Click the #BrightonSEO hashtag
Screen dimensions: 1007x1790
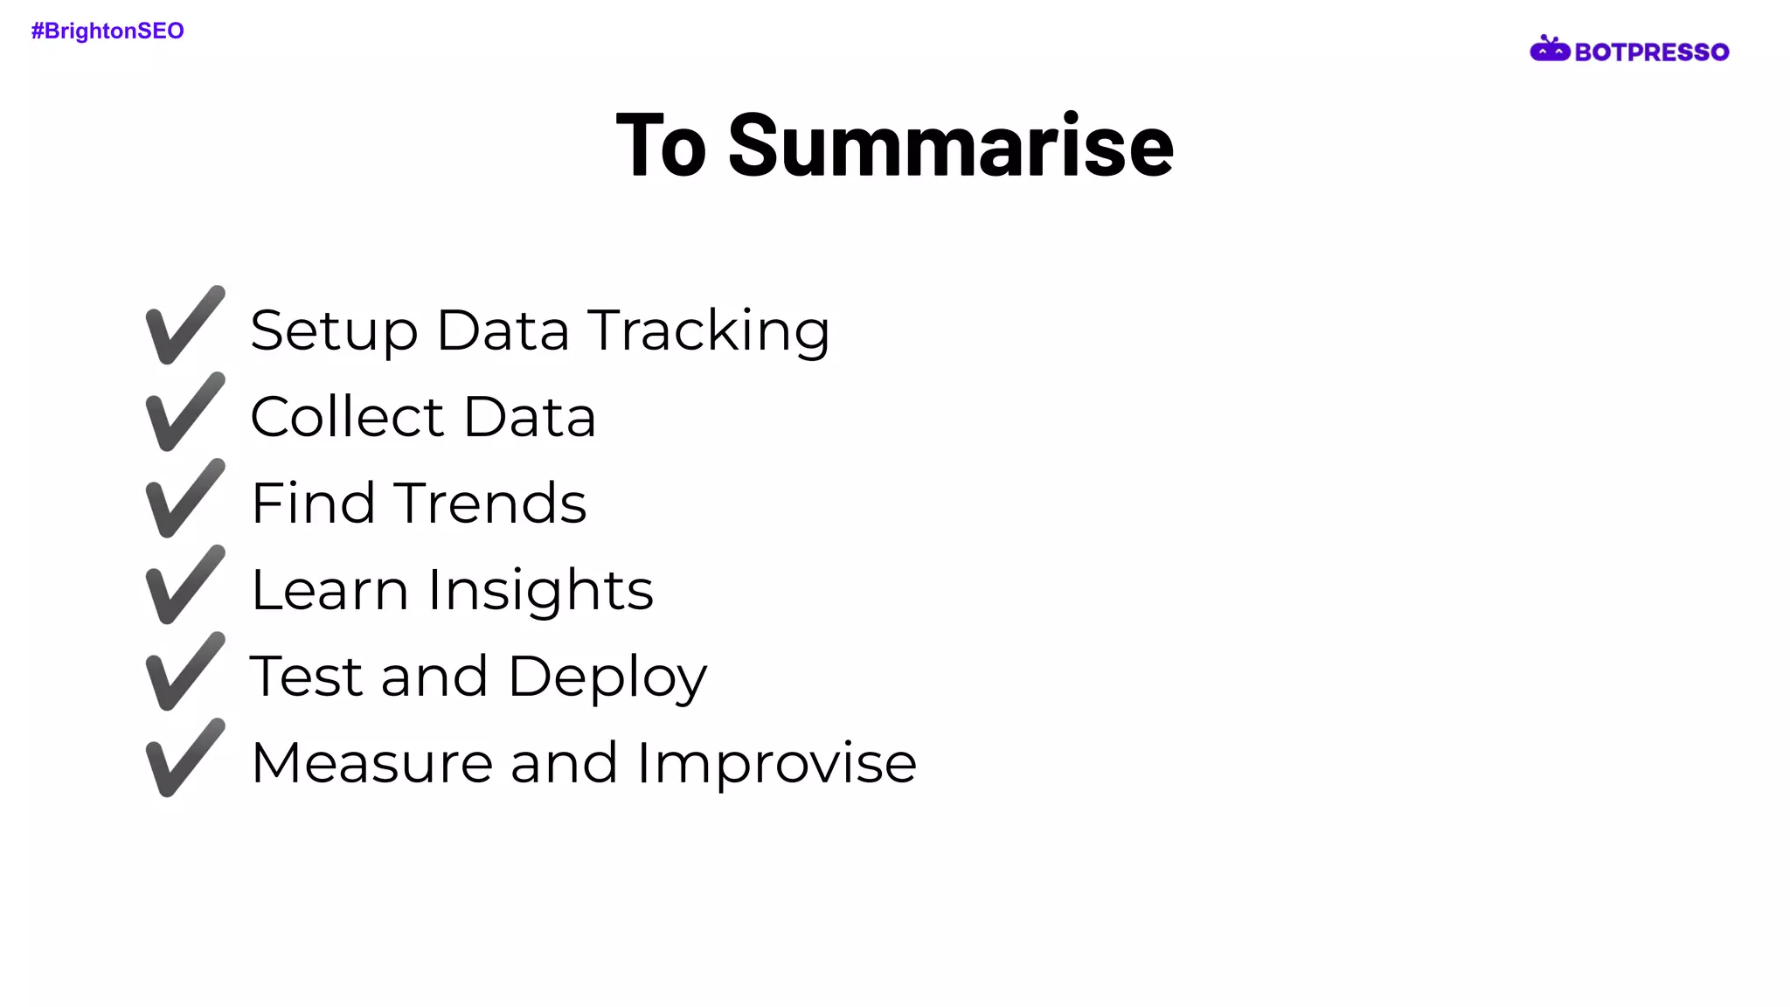point(108,31)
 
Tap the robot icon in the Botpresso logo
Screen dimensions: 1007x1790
point(1549,50)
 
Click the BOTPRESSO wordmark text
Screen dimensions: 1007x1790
point(1651,52)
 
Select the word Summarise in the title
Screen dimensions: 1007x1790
point(950,146)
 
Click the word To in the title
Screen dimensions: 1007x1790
point(661,146)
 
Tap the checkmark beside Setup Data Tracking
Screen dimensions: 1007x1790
point(184,325)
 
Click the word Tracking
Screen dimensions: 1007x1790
point(708,332)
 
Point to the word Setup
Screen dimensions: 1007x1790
point(334,332)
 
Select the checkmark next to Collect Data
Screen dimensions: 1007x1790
point(184,412)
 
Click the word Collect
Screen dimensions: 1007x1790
point(347,417)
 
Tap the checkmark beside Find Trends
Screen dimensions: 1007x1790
point(184,498)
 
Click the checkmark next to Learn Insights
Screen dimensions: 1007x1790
point(184,585)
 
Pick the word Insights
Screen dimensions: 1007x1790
point(540,592)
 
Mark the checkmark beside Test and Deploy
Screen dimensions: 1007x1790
point(184,671)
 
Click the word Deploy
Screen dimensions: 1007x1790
point(607,678)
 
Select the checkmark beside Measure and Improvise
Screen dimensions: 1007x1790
point(184,758)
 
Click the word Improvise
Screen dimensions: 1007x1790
point(776,764)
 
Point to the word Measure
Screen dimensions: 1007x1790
point(371,763)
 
